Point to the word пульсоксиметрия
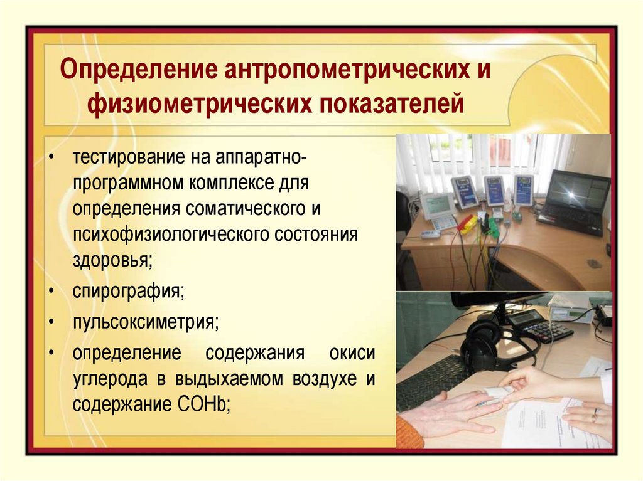pyautogui.click(x=146, y=323)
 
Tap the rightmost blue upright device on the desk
pyautogui.click(x=523, y=190)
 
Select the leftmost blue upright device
pyautogui.click(x=465, y=191)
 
